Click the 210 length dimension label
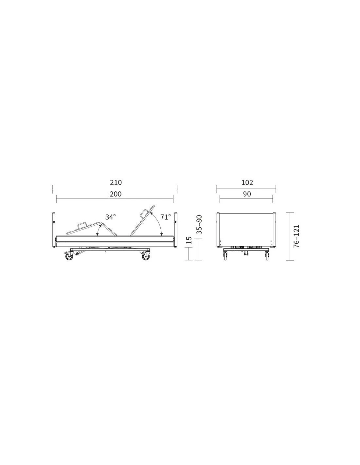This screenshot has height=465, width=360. (116, 182)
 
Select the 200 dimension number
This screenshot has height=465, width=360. (116, 194)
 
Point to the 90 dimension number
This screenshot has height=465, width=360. (247, 194)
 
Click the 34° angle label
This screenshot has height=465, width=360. (110, 217)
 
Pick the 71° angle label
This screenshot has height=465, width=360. (166, 217)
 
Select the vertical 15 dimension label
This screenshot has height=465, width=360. (189, 240)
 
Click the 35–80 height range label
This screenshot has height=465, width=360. (199, 225)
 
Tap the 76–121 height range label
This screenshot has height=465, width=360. (297, 236)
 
